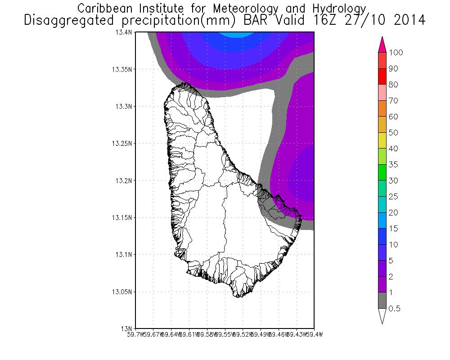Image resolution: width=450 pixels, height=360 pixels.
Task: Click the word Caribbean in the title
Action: click(x=102, y=9)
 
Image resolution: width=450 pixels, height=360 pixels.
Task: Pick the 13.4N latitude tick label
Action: click(x=126, y=32)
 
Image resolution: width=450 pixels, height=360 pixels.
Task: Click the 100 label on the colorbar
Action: click(x=396, y=53)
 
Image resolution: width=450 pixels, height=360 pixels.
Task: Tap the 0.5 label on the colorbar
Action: click(x=395, y=309)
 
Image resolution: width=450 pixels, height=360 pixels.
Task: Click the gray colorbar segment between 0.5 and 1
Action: click(x=382, y=301)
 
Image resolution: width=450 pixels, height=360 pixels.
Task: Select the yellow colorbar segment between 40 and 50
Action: click(x=382, y=140)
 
